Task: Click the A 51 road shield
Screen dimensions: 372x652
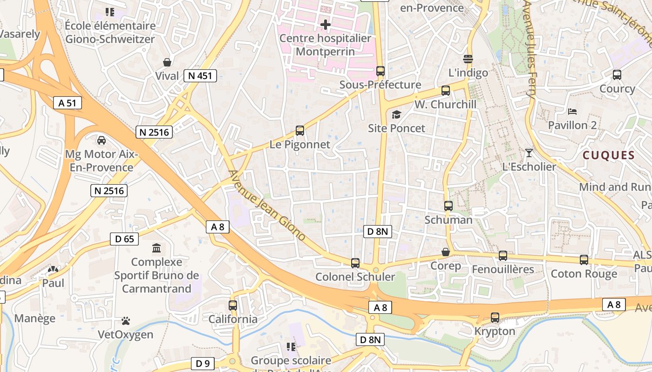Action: [x=68, y=103]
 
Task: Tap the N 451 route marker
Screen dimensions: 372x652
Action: [x=200, y=76]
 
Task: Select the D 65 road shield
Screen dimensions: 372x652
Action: [x=124, y=239]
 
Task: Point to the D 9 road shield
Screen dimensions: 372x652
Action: [x=203, y=363]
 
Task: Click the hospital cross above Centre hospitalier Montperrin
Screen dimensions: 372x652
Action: [x=326, y=24]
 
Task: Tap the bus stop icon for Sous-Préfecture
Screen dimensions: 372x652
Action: [x=380, y=71]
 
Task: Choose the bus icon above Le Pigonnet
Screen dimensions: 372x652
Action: [x=300, y=131]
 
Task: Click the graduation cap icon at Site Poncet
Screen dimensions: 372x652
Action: [x=396, y=114]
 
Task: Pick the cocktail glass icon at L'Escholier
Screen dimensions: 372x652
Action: [x=529, y=153]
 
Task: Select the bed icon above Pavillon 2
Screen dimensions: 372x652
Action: [x=572, y=112]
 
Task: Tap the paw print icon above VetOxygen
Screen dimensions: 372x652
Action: [x=125, y=321]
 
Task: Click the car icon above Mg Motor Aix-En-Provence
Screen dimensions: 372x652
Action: [x=101, y=140]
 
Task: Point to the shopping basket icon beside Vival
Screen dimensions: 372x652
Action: [x=167, y=62]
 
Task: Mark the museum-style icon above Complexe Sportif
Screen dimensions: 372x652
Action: [x=156, y=248]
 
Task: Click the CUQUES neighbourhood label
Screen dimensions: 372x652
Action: [x=609, y=155]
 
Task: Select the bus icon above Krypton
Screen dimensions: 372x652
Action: [x=495, y=318]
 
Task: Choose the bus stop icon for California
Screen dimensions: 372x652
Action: [x=233, y=306]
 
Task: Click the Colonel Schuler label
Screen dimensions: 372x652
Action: [x=355, y=277]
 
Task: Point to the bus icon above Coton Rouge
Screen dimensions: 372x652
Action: [x=584, y=260]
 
